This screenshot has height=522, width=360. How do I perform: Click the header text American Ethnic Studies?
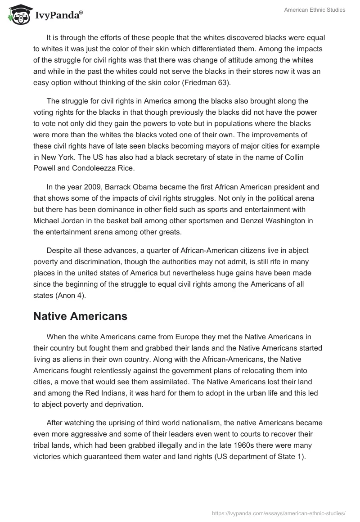pyautogui.click(x=315, y=10)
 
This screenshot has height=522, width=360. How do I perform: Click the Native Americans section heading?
pyautogui.click(x=80, y=316)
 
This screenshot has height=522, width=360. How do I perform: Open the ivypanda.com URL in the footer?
pyautogui.click(x=278, y=513)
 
